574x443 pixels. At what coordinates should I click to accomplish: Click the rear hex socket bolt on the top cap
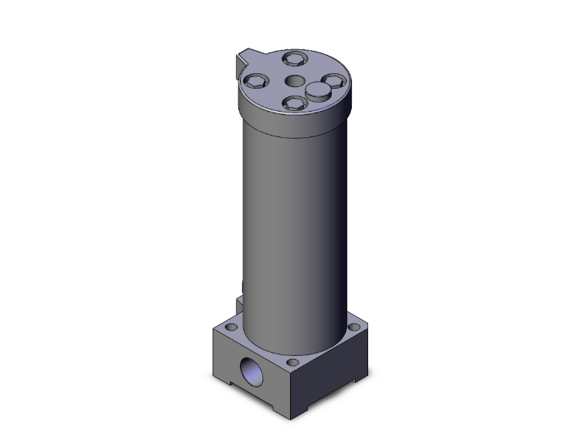tap(295, 59)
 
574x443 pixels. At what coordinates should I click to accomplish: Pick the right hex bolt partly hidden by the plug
tap(332, 81)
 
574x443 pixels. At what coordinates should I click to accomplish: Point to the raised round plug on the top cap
tap(318, 92)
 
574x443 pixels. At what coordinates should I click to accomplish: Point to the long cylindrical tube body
tap(295, 223)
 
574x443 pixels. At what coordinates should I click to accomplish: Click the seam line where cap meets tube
tap(295, 133)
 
